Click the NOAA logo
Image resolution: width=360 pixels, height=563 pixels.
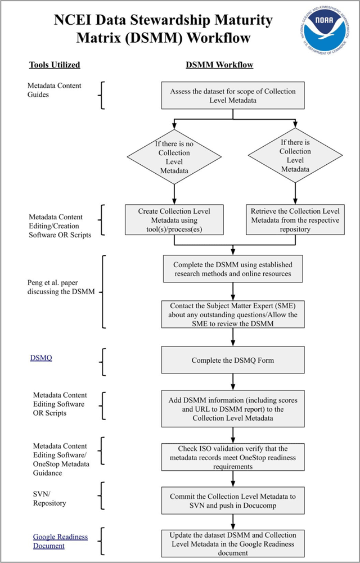(x=322, y=30)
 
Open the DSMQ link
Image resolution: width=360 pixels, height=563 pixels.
(x=41, y=358)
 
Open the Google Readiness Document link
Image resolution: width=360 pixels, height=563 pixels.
(x=60, y=541)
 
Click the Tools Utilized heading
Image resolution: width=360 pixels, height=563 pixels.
(x=55, y=65)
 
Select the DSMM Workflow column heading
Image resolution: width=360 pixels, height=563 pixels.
(x=219, y=65)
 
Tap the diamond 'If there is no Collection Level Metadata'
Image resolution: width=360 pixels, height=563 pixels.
(x=174, y=157)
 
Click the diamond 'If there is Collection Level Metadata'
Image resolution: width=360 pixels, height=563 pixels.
(x=295, y=155)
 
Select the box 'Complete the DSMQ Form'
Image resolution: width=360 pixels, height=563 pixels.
(x=233, y=360)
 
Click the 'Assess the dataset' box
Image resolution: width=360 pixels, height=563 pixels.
(x=233, y=95)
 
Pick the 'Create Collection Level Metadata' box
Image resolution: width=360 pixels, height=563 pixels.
(x=174, y=220)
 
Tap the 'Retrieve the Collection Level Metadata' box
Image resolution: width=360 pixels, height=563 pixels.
(x=295, y=220)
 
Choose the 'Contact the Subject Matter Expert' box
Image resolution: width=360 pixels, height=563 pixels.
(x=233, y=314)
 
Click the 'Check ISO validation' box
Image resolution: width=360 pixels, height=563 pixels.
(x=233, y=457)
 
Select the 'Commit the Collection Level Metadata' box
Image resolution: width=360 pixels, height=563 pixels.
(x=233, y=501)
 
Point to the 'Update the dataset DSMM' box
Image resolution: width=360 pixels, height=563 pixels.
(x=233, y=544)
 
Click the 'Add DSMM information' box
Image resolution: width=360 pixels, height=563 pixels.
(x=233, y=408)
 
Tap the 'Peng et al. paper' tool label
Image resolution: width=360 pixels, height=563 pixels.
(x=61, y=287)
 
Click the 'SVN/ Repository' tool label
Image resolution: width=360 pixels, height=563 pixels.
(x=49, y=499)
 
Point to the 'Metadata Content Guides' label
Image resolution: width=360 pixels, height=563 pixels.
(x=55, y=90)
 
